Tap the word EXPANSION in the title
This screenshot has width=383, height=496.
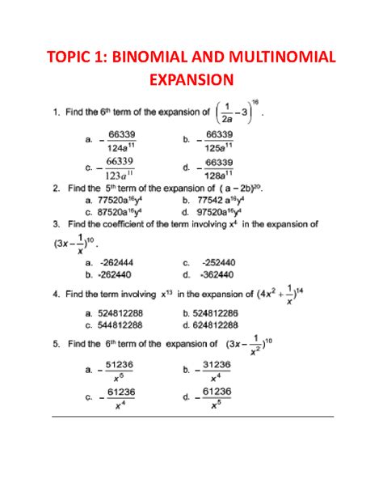pyautogui.click(x=191, y=79)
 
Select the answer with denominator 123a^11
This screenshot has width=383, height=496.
pyautogui.click(x=118, y=167)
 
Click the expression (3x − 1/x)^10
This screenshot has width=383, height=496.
pyautogui.click(x=74, y=243)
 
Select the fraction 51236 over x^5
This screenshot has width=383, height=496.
pyautogui.click(x=118, y=371)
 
